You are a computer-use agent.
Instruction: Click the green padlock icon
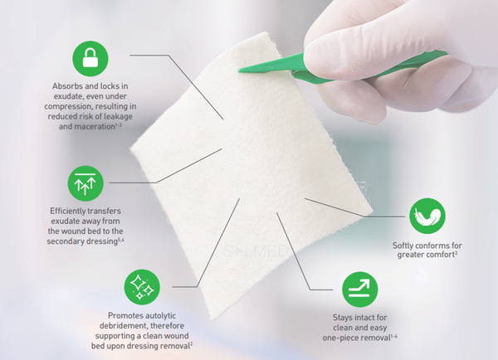click(x=90, y=59)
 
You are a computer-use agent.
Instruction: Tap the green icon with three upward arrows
click(x=85, y=183)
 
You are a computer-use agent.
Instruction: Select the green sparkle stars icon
click(x=142, y=287)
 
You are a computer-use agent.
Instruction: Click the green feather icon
click(x=427, y=216)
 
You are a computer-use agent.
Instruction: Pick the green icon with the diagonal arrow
click(x=360, y=289)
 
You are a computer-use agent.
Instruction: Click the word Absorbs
click(x=66, y=86)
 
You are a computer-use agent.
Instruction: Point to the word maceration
click(x=95, y=126)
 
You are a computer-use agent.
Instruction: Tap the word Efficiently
click(x=67, y=212)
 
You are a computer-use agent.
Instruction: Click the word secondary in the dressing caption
click(x=65, y=241)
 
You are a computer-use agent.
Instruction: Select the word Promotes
click(x=123, y=315)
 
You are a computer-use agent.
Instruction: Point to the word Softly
click(x=403, y=246)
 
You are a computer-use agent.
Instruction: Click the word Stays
click(x=342, y=318)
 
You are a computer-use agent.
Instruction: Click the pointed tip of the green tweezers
click(x=239, y=71)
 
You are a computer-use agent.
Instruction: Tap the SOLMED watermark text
click(x=255, y=251)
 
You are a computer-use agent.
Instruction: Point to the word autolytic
click(x=159, y=315)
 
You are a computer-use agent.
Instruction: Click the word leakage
click(x=118, y=116)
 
